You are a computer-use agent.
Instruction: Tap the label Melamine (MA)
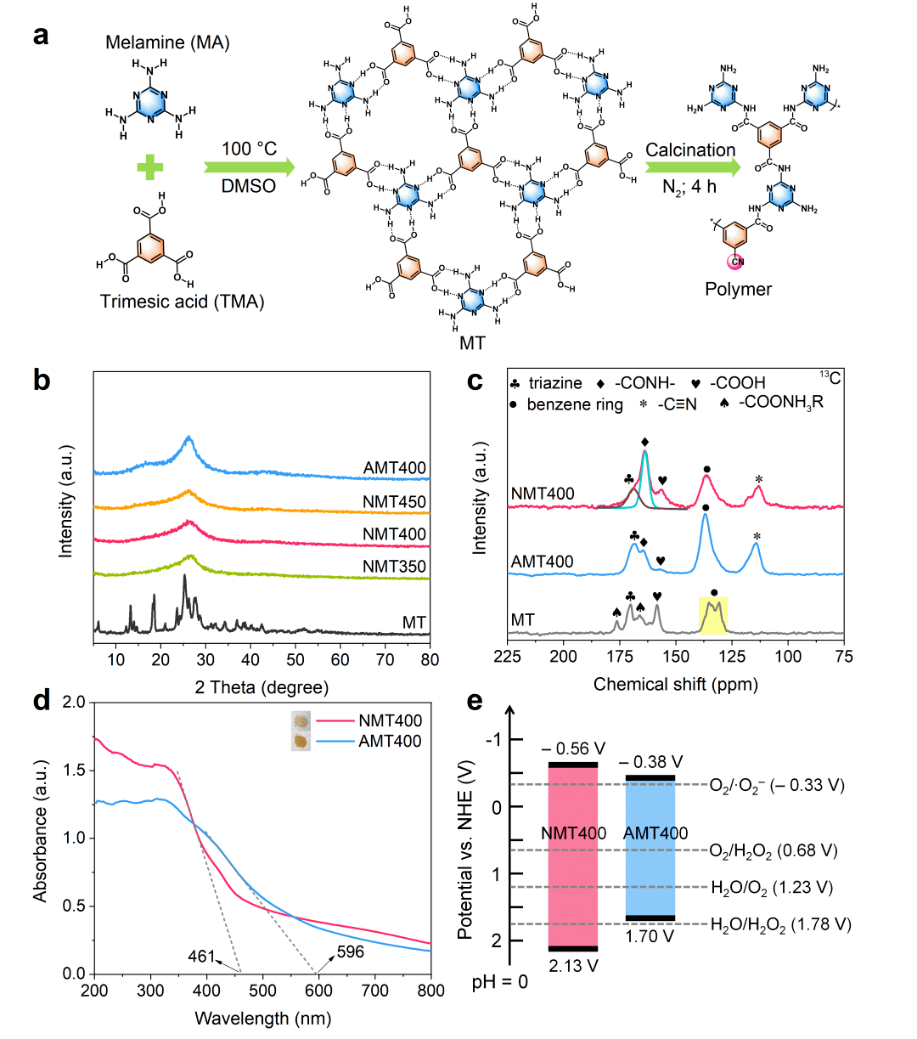coord(167,42)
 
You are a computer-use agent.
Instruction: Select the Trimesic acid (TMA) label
coord(182,302)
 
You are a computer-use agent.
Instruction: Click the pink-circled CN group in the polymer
coord(736,262)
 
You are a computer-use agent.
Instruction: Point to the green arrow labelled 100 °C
coord(249,167)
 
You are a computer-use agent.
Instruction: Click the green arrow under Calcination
coord(691,167)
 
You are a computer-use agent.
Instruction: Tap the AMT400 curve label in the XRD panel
coord(394,468)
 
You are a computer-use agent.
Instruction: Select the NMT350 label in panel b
coord(394,567)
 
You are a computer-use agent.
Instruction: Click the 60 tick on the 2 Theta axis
coord(340,660)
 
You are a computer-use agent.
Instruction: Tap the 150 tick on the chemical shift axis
coord(676,657)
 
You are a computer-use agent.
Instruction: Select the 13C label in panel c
coord(830,377)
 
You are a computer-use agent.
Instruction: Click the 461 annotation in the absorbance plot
coord(202,957)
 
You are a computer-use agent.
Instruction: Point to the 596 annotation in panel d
coord(350,951)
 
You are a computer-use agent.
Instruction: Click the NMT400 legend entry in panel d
coord(390,721)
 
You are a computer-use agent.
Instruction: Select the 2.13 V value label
coord(573,966)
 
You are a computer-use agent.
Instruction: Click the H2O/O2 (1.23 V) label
coord(771,888)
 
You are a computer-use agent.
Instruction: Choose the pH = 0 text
coord(499,983)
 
